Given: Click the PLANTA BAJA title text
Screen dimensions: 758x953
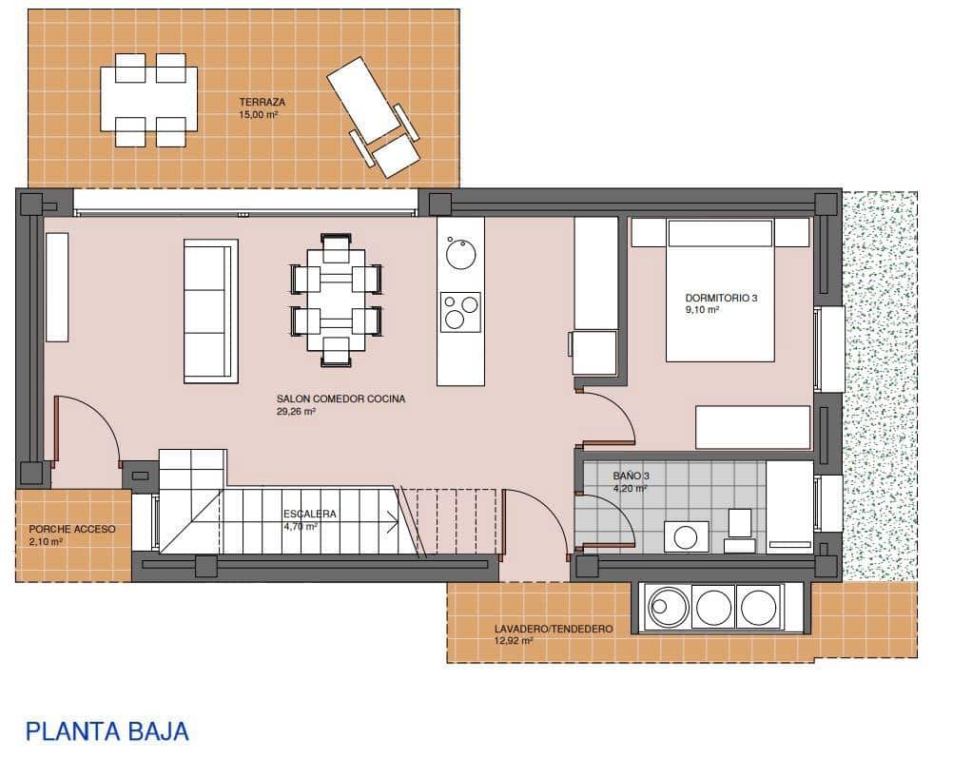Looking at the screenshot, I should tap(107, 731).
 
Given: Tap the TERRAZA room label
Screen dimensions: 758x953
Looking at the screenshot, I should tap(263, 102).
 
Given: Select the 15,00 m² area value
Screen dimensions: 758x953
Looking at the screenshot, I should tap(260, 114).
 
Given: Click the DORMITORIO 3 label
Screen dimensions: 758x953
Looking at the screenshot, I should tap(722, 298).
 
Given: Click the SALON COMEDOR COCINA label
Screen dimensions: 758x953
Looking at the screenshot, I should tap(340, 399).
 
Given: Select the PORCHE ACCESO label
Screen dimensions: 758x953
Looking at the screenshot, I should tap(72, 529).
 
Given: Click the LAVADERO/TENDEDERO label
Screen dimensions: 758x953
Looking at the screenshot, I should tap(553, 629).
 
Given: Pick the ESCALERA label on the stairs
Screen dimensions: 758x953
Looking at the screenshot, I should tap(310, 514).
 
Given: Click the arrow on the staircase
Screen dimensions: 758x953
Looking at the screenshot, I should tap(390, 519).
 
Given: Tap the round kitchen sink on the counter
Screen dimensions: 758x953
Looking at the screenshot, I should tap(460, 253).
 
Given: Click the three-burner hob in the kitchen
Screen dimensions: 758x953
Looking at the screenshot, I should tap(460, 312).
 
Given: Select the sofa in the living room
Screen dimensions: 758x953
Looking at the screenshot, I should tap(210, 311).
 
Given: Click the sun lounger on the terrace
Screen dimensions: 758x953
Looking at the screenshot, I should tap(373, 115).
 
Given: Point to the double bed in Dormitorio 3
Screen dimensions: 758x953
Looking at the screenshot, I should tap(719, 290).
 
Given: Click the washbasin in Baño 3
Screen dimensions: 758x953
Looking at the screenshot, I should tap(685, 536).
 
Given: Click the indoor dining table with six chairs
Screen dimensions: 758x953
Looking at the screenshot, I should tap(337, 301).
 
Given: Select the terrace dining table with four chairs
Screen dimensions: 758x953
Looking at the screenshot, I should tap(150, 100).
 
